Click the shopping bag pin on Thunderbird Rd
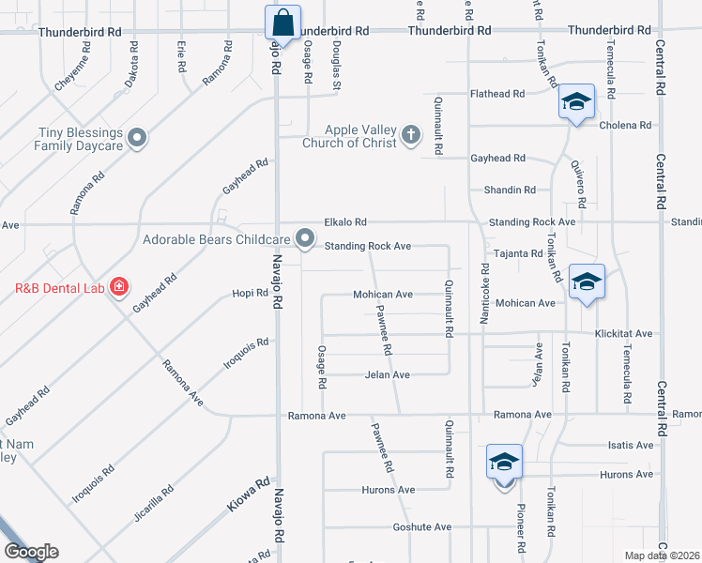282,22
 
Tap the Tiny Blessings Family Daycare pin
138,140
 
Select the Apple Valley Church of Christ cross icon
410,135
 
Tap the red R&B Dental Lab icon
118,286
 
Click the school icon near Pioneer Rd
504,462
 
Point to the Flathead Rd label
496,94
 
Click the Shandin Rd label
510,190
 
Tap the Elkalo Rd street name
344,222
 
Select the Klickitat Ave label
624,333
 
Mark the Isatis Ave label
631,445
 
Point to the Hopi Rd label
251,294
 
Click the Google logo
31,552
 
